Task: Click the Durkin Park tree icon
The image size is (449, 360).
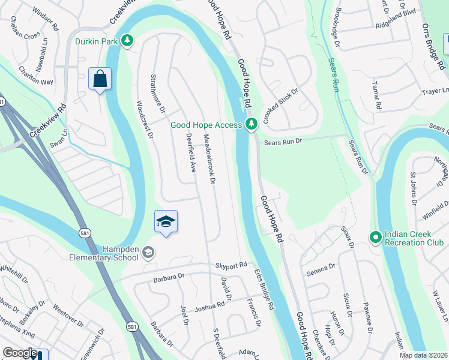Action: point(127,41)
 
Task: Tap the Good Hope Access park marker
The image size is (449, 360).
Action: point(252,124)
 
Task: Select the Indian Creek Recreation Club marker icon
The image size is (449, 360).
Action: point(375,238)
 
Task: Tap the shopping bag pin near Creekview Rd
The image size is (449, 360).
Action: point(99,79)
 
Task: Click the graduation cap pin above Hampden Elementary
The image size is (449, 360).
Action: point(166,222)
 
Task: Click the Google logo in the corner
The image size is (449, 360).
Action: point(19,353)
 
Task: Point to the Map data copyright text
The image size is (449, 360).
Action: point(424,355)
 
